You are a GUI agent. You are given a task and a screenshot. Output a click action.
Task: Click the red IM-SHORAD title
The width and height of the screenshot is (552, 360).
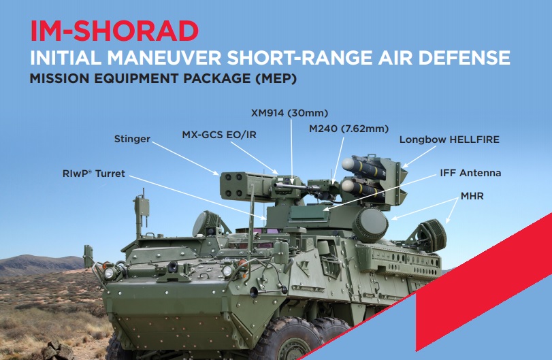(x=114, y=31)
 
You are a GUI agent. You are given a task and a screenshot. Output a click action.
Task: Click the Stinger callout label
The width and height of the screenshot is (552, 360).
(x=132, y=139)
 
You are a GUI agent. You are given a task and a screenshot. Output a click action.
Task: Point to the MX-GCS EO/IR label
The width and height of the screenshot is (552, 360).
(x=219, y=135)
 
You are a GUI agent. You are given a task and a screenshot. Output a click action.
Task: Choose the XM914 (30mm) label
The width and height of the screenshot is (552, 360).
(x=289, y=113)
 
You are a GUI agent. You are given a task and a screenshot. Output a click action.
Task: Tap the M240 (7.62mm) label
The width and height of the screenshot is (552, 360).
(x=349, y=129)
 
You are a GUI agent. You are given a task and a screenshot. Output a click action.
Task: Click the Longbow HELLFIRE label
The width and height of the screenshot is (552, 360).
(x=449, y=140)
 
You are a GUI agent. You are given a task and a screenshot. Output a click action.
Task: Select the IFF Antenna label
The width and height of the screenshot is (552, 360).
(x=470, y=173)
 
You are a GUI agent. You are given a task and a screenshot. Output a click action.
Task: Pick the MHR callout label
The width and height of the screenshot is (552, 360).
(x=472, y=196)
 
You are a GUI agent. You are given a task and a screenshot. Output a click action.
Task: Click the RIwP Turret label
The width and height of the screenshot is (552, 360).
(x=94, y=174)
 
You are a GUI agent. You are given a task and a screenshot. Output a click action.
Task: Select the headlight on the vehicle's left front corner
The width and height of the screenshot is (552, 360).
(x=110, y=272)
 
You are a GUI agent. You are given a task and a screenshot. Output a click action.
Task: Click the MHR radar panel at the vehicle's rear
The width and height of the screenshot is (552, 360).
(x=432, y=235)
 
